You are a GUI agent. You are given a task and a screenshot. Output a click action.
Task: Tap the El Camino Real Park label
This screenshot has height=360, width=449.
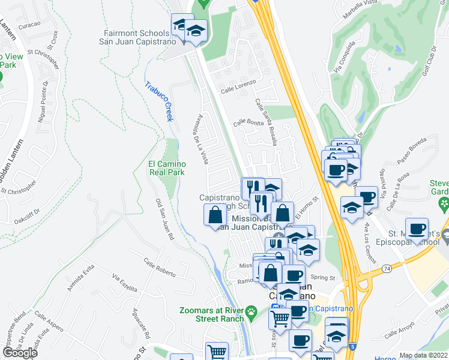(167, 167)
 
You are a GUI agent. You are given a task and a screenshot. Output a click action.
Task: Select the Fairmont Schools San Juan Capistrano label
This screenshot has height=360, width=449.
(137, 38)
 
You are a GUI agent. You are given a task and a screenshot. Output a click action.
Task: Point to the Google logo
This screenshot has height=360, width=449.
(20, 353)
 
